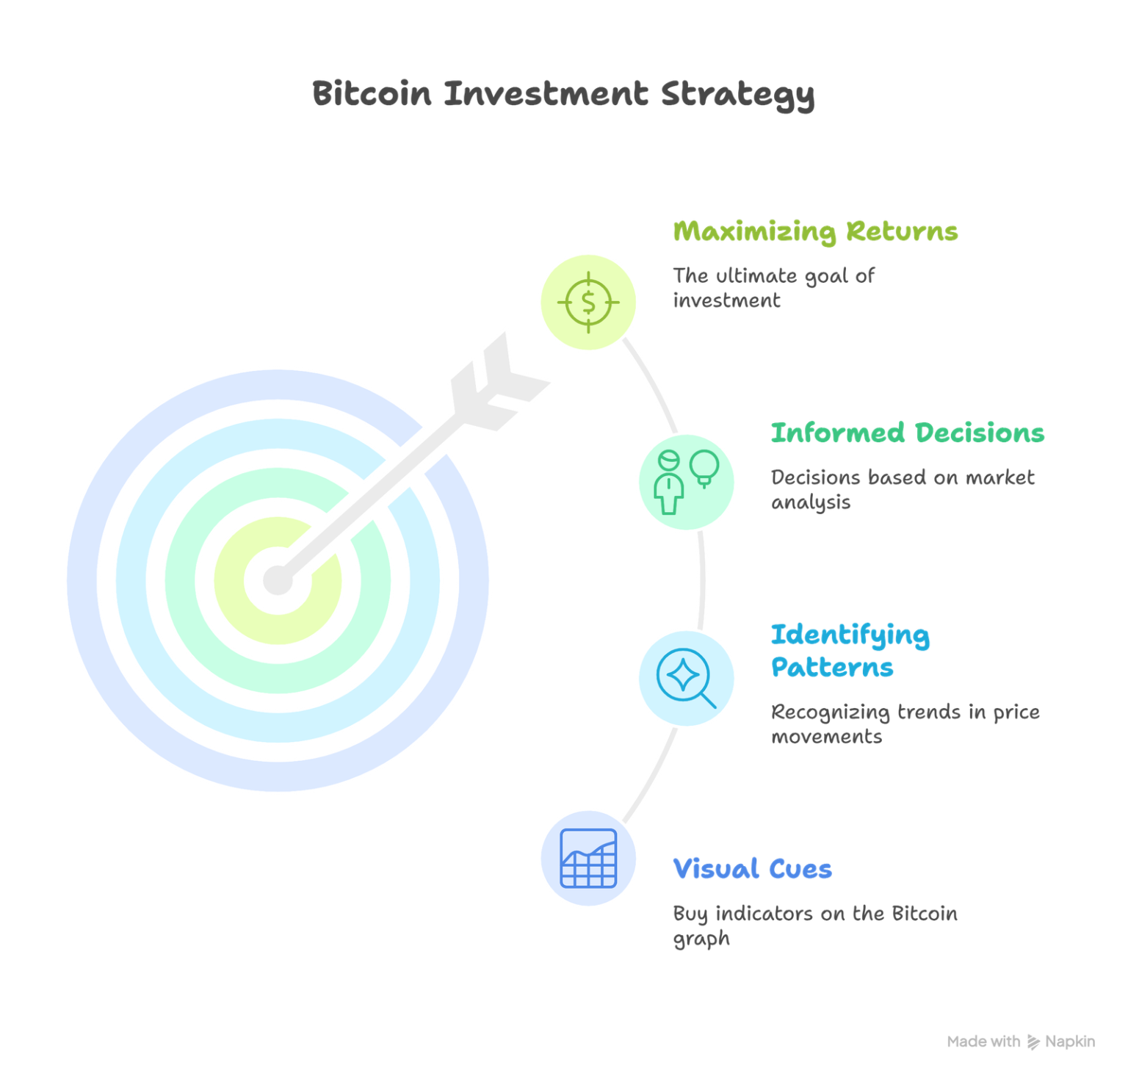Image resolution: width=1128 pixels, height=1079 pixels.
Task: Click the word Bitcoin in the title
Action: tap(372, 94)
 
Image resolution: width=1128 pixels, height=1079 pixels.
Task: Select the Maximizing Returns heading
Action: tap(815, 232)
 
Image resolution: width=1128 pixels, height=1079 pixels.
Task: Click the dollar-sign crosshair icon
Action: tap(588, 302)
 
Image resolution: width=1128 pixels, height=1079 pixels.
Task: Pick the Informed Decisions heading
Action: tap(907, 433)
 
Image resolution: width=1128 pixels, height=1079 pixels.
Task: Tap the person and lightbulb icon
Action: tap(687, 481)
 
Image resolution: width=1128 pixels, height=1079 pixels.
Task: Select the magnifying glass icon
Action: tap(685, 678)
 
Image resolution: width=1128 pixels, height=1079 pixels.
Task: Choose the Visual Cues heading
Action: tap(752, 870)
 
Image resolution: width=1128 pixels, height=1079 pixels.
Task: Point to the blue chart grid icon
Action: tap(588, 858)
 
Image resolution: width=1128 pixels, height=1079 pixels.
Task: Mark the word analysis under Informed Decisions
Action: tap(810, 503)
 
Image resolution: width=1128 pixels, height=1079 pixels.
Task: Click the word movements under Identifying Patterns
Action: tap(825, 737)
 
